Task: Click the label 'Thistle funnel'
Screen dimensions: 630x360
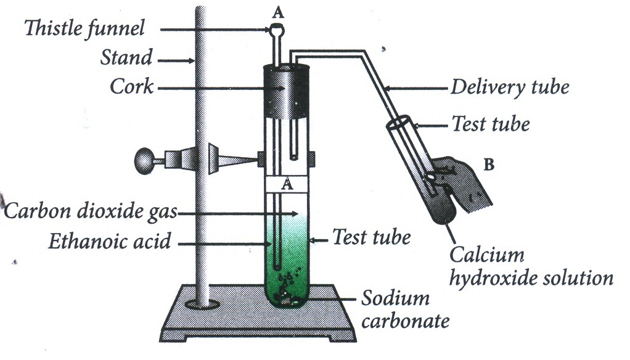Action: tap(84, 29)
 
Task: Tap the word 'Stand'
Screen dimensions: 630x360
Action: tap(126, 57)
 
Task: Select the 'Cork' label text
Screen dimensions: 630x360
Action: tap(132, 86)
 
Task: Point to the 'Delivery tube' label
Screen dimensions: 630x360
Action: tap(510, 87)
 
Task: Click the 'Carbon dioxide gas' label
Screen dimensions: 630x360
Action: tap(91, 211)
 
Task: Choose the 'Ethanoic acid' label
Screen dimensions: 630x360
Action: tap(110, 241)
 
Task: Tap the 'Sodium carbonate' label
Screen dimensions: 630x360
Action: tap(405, 309)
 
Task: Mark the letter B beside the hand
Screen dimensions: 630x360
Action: tap(489, 165)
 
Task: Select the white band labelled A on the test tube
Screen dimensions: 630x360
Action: tap(286, 184)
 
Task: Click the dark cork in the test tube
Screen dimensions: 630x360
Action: tap(287, 92)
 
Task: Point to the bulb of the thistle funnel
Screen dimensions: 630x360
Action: tap(277, 30)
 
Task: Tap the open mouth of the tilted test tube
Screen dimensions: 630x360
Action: tap(399, 122)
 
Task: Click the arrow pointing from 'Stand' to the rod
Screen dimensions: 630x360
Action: tap(176, 61)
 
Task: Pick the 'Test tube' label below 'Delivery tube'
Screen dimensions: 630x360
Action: tap(491, 124)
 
